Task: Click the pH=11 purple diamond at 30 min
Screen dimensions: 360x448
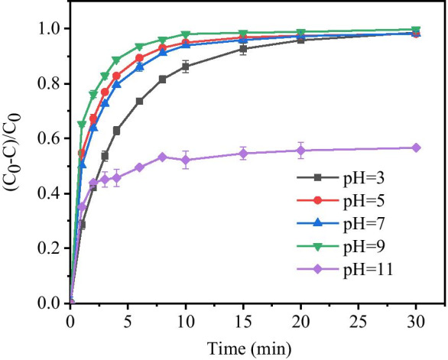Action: tap(416, 148)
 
